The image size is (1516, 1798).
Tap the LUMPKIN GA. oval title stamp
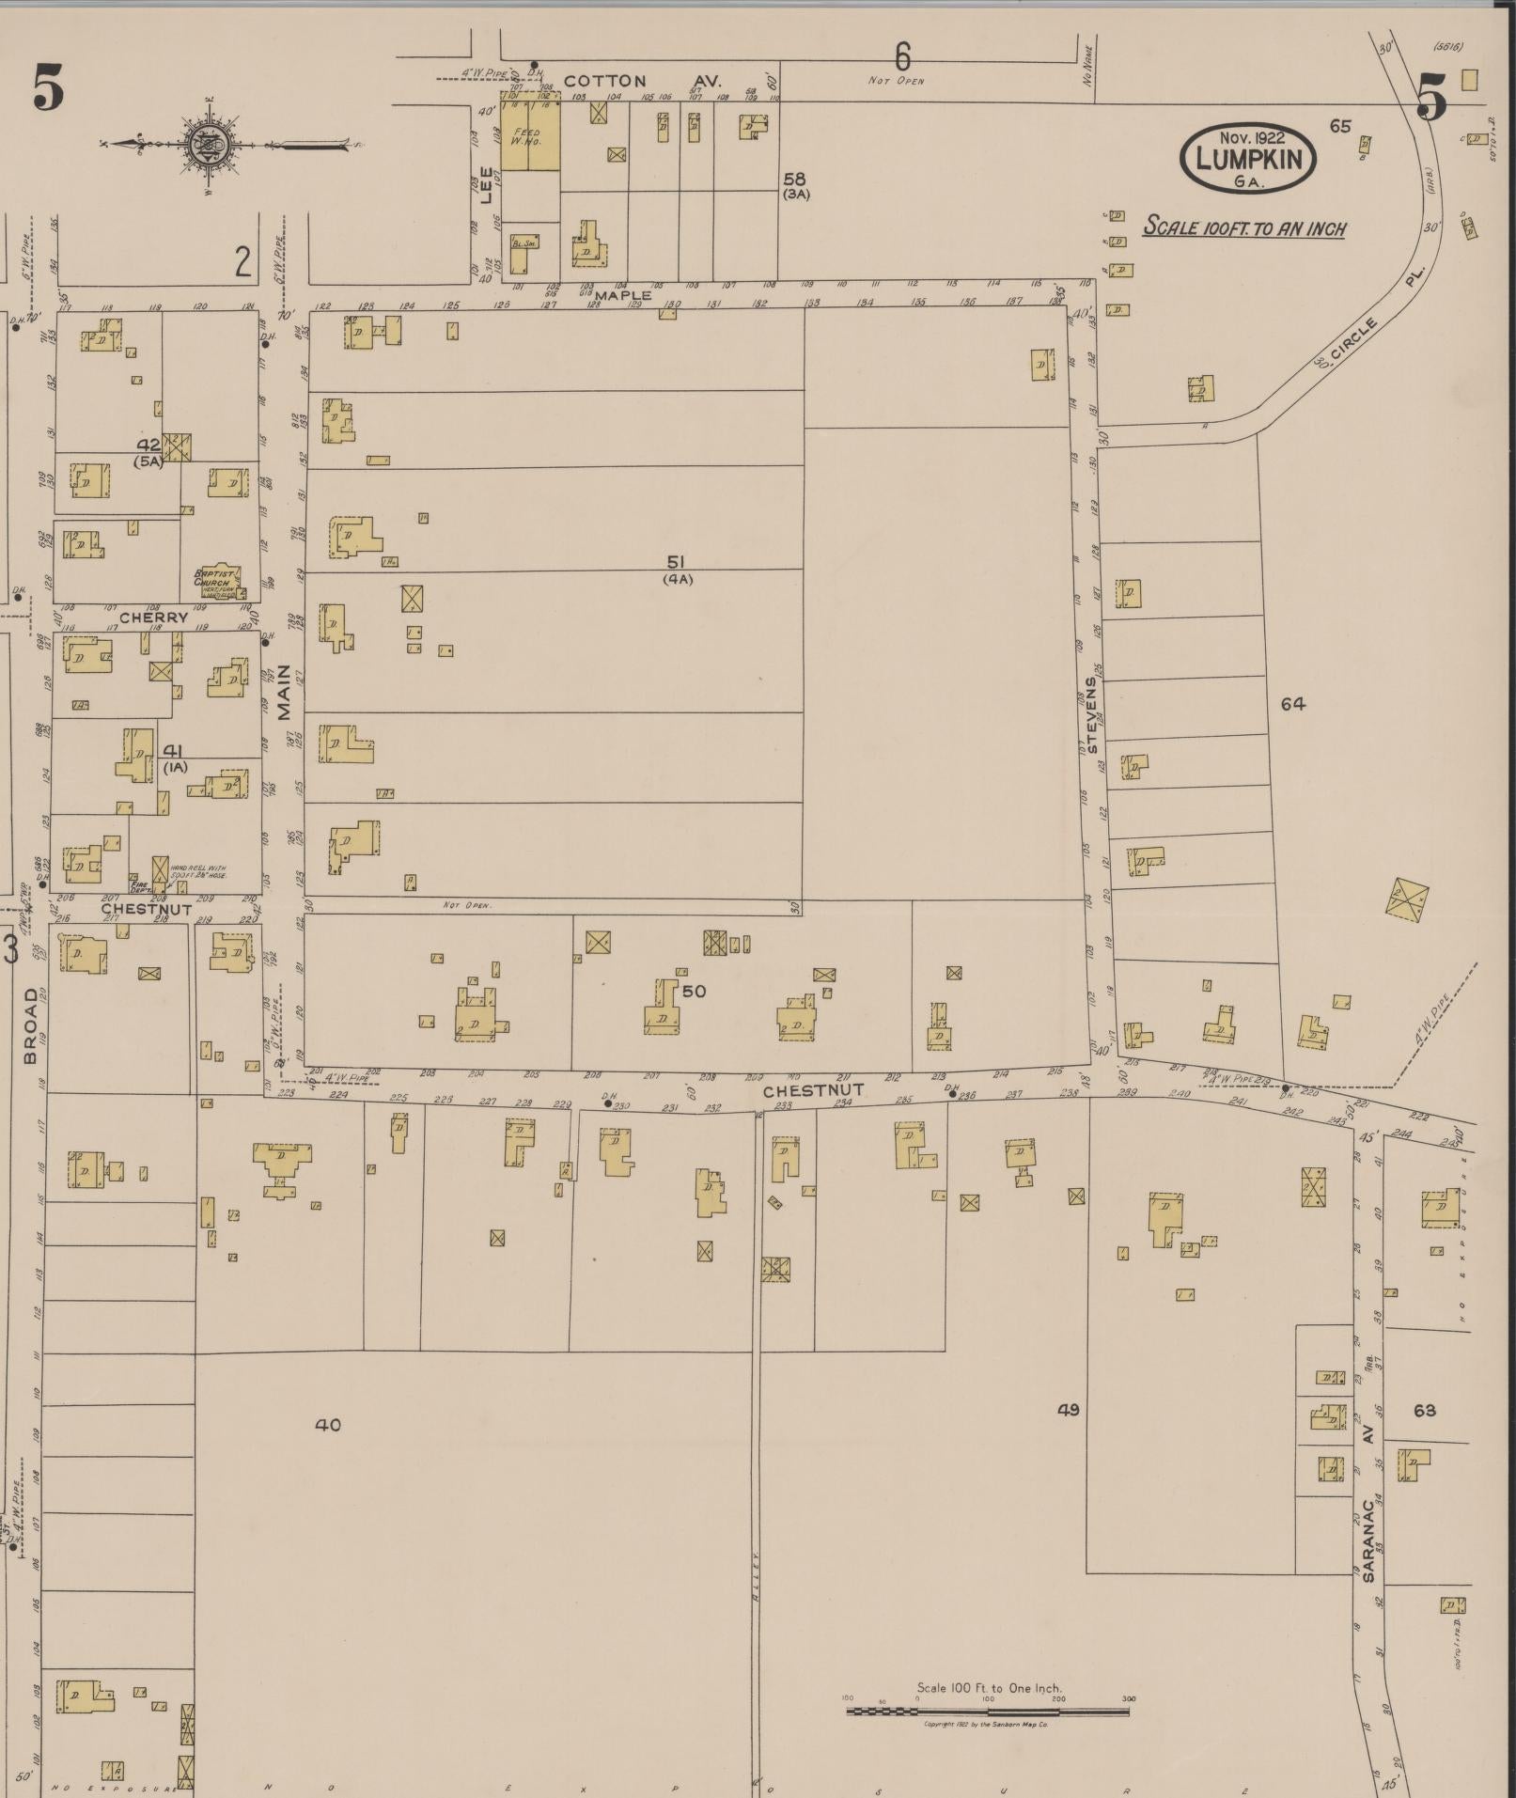[1248, 158]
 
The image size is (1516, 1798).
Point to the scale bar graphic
[987, 1711]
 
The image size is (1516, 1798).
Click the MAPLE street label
[622, 296]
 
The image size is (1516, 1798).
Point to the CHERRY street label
[152, 618]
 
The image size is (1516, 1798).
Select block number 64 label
[1292, 703]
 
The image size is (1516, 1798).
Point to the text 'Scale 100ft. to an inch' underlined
[1243, 228]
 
